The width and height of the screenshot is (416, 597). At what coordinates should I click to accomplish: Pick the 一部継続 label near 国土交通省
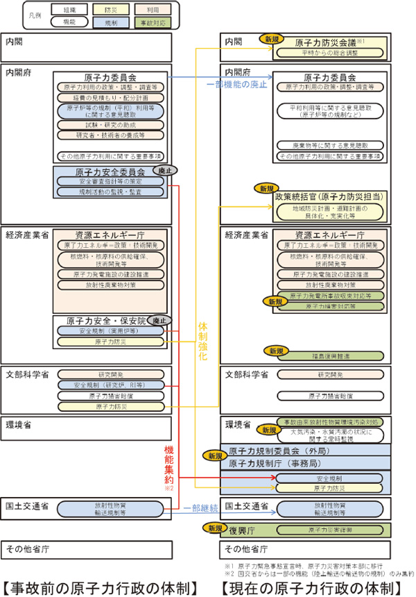(x=199, y=508)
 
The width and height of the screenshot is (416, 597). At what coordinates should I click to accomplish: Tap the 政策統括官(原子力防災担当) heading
(x=328, y=197)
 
